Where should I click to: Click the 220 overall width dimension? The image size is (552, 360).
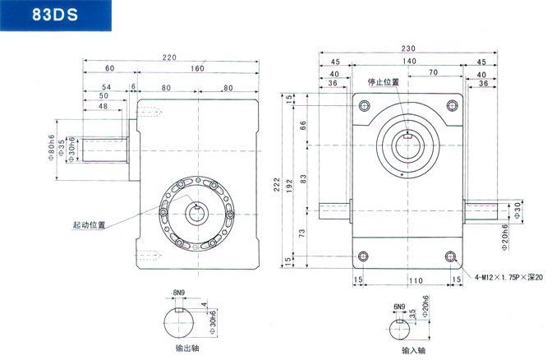pos(169,58)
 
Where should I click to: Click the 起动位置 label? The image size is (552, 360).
pos(89,224)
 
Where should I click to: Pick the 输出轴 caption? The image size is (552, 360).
pos(188,348)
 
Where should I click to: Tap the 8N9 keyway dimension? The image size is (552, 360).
pos(179,293)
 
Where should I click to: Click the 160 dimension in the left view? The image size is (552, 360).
pos(197,68)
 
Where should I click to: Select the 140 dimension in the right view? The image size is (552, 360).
pos(407,62)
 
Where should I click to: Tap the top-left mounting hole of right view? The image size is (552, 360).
pos(363,104)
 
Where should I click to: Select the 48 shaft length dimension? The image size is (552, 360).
pos(103,106)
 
